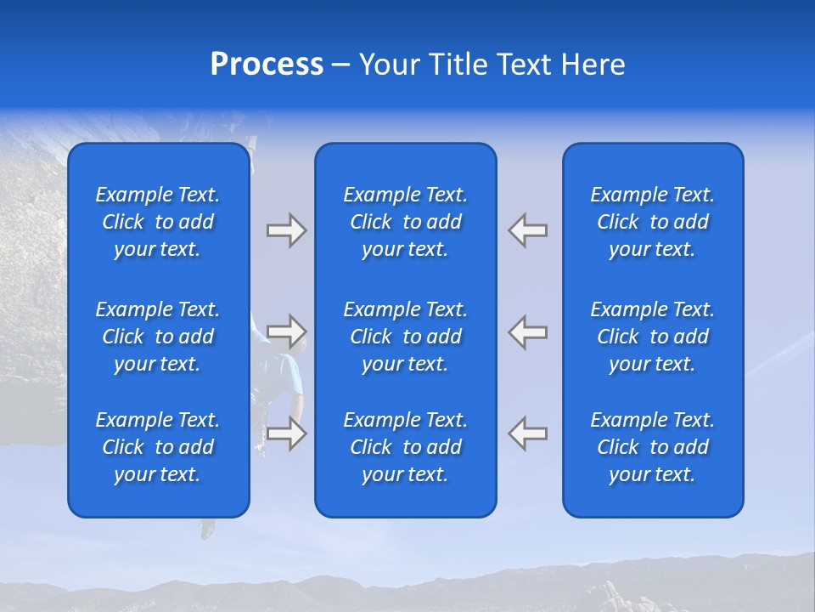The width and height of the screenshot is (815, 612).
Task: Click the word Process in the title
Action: pos(267,65)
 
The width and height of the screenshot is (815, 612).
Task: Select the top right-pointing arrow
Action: pos(286,230)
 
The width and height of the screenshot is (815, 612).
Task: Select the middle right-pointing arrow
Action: pos(286,331)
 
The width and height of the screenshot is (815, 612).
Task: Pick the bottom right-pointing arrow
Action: pos(286,433)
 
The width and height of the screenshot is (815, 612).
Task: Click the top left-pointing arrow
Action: pos(528,230)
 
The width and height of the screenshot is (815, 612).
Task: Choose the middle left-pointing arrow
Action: pos(528,331)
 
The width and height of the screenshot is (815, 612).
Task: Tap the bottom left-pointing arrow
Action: pos(528,433)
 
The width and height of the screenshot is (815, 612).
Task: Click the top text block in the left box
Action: pos(158,222)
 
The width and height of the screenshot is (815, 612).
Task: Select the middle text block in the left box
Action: pos(158,337)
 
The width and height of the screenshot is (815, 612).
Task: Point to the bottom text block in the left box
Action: pos(158,447)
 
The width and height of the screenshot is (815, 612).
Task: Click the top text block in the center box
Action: pos(405,222)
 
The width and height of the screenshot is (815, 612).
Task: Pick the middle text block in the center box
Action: pos(405,337)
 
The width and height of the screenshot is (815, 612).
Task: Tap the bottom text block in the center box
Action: pos(405,447)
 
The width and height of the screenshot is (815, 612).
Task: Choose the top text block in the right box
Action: pos(652,222)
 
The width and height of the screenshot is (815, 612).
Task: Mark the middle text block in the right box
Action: pos(652,337)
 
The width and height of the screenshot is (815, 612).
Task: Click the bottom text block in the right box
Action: pos(652,447)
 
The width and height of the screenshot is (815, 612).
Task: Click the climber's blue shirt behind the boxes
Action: pos(285,375)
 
